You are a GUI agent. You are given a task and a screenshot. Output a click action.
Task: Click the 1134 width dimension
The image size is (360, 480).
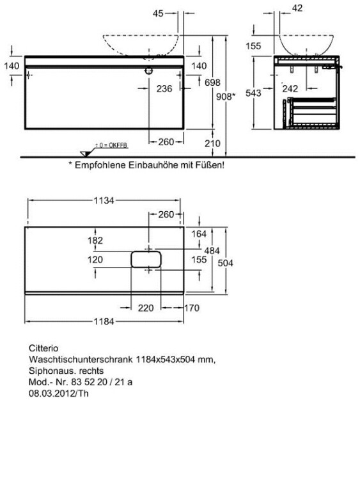pos(104,200)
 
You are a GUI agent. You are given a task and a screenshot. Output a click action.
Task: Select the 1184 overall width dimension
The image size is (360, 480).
pos(104,321)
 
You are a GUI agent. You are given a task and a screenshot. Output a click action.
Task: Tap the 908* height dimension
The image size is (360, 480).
pos(226,97)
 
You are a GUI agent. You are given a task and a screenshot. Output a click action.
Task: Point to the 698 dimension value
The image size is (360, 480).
pos(212,83)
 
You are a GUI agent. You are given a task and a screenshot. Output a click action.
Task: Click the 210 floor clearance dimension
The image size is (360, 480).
pos(212,143)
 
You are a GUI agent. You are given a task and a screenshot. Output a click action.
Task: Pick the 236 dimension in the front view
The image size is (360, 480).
pos(164,88)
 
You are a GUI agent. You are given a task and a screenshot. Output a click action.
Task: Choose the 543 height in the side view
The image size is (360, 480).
pos(253,93)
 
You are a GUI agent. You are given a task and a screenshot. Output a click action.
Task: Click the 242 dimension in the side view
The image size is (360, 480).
pos(290,88)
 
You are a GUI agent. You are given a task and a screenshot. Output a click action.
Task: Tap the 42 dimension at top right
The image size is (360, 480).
pos(297,8)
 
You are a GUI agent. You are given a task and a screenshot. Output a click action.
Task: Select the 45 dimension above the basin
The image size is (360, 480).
pos(158,13)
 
